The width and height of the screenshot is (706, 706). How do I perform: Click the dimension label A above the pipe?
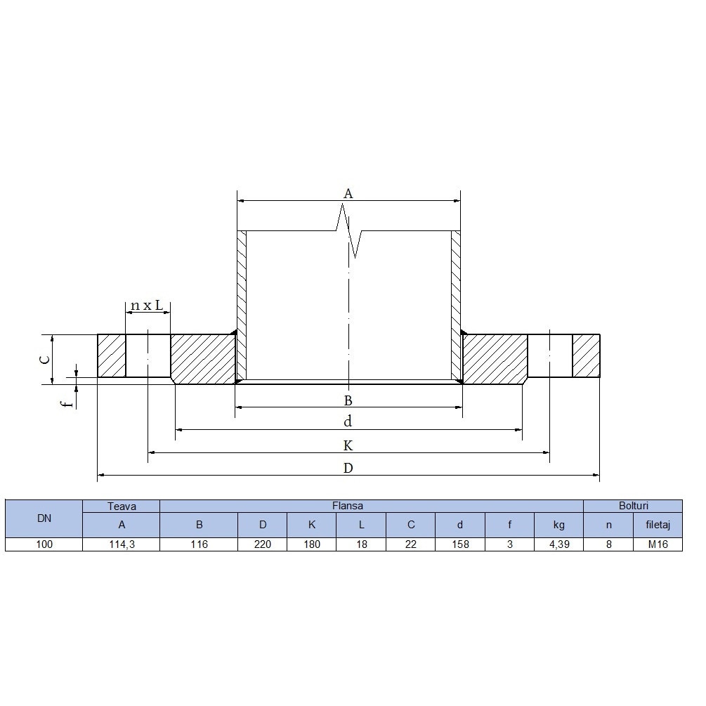click(x=347, y=193)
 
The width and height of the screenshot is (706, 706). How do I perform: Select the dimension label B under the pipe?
click(x=348, y=401)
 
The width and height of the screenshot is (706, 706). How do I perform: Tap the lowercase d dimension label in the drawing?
click(x=348, y=422)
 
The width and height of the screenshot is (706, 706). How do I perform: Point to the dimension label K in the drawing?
click(x=348, y=446)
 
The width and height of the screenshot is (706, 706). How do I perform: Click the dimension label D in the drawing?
click(x=348, y=469)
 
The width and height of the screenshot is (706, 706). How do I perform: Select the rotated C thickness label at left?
click(x=44, y=359)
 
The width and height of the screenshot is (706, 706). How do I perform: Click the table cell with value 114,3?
click(x=122, y=544)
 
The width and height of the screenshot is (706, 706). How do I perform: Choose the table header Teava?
click(x=122, y=506)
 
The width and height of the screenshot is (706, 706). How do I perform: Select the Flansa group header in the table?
click(x=348, y=506)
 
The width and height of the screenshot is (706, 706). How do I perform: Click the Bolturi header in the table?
click(x=633, y=506)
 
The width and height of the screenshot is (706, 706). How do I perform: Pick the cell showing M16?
click(x=658, y=544)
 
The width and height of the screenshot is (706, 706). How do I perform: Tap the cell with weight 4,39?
click(x=558, y=544)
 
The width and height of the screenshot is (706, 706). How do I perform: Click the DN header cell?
click(x=44, y=518)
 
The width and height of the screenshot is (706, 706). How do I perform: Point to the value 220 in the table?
click(x=262, y=544)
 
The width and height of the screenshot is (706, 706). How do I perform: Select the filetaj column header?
click(x=658, y=525)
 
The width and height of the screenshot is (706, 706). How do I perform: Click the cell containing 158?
click(x=460, y=544)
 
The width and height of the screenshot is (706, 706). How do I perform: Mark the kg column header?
click(x=558, y=525)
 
